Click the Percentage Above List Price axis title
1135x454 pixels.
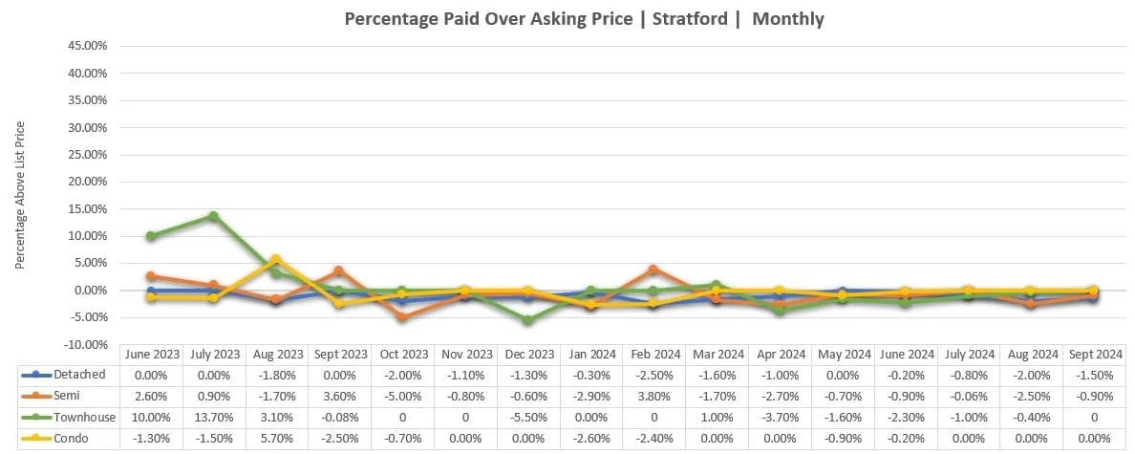tap(20, 194)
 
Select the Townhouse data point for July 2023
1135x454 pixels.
tap(213, 216)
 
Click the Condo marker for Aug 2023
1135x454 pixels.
tap(276, 259)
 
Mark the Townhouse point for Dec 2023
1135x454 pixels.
tap(527, 320)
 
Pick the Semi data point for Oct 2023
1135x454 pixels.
tap(401, 317)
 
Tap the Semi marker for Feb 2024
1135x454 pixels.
tap(653, 270)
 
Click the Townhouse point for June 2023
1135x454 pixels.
tap(151, 236)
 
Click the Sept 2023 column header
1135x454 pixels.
tap(339, 354)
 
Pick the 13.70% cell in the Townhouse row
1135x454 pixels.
tap(213, 417)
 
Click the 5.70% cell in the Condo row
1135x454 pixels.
tap(276, 438)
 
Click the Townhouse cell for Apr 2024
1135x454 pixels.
tap(779, 417)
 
